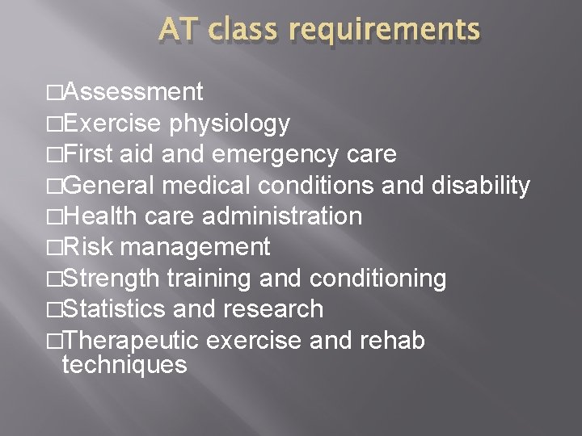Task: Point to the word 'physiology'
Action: pyautogui.click(x=229, y=124)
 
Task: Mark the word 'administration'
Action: pyautogui.click(x=282, y=216)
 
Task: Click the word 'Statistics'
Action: pyautogui.click(x=113, y=308)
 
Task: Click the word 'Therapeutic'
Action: pyautogui.click(x=130, y=340)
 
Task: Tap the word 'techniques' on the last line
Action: pyautogui.click(x=124, y=365)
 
